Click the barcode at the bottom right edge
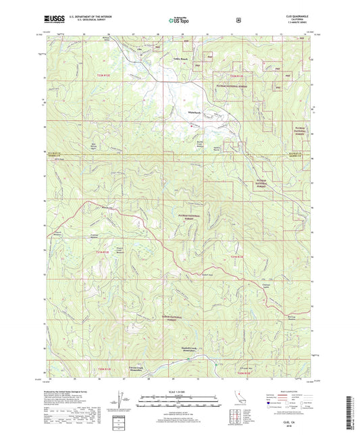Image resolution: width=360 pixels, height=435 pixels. tap(353, 409)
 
